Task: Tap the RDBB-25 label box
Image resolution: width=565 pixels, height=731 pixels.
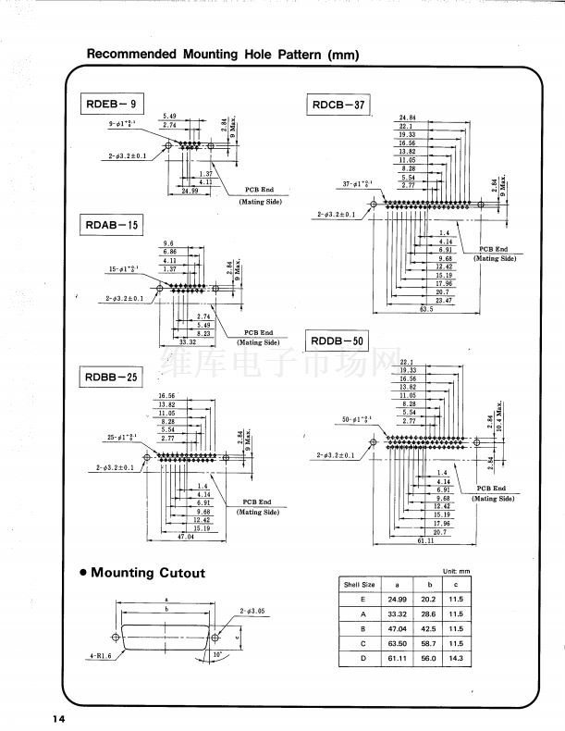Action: tap(112, 377)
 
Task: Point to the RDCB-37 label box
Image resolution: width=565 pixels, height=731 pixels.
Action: tap(338, 105)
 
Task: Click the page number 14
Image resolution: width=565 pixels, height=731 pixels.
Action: tap(58, 719)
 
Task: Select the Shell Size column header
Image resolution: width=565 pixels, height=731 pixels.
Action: tap(360, 584)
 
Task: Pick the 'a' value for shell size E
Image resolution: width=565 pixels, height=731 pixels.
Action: tap(398, 599)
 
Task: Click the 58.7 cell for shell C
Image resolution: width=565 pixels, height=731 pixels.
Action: tap(427, 643)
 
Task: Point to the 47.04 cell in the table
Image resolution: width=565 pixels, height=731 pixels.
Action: tap(398, 628)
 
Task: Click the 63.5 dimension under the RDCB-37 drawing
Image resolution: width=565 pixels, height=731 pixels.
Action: tap(426, 310)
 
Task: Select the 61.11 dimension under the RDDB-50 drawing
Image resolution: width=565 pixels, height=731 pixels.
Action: tap(426, 540)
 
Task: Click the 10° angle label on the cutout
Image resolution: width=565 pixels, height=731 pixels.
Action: tap(217, 654)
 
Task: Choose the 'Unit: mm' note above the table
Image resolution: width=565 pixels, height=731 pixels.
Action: tap(457, 571)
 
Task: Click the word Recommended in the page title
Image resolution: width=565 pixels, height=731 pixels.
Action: tap(130, 55)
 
